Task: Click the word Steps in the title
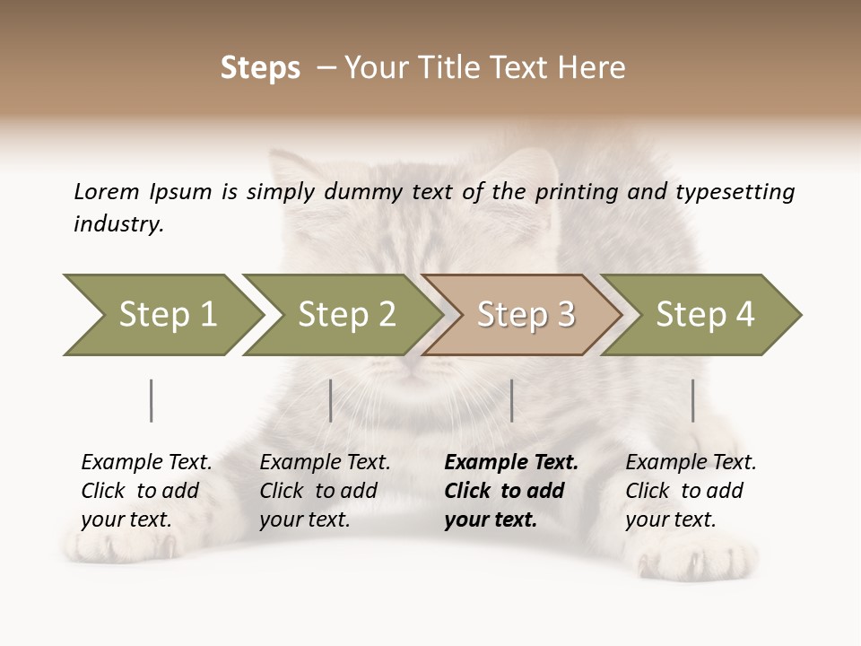[x=260, y=68]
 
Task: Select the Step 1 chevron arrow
[x=161, y=314]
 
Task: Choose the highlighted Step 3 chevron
[x=523, y=314]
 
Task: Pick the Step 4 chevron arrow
[x=702, y=314]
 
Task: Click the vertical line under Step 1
[x=152, y=400]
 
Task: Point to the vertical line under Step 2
[x=331, y=400]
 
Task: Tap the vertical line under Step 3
[x=511, y=400]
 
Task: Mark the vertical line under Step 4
[x=692, y=400]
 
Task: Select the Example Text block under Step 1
[x=145, y=491]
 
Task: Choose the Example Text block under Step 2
[x=324, y=491]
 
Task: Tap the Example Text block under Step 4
[x=690, y=491]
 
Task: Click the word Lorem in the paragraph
[x=106, y=192]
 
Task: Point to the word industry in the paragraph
[x=118, y=224]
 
